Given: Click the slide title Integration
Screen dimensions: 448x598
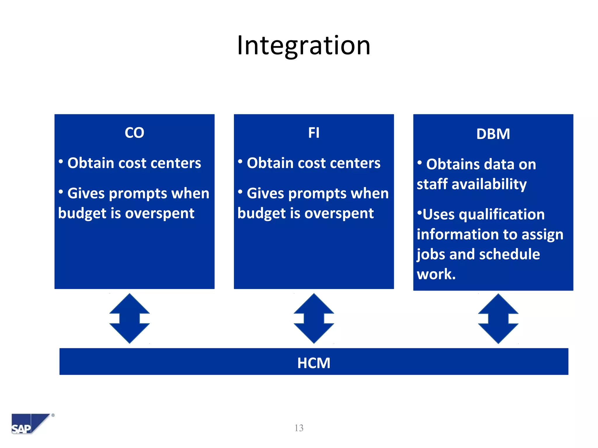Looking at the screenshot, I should tap(304, 46).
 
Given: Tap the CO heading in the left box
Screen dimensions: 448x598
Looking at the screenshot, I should tap(134, 133).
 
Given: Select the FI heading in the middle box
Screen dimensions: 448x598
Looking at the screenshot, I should tap(314, 133).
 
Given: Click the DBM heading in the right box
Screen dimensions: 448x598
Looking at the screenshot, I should tap(493, 134).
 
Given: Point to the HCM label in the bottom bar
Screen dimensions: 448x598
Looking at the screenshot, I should tap(314, 363).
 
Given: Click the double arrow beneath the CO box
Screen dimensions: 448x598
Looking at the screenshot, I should tap(130, 318).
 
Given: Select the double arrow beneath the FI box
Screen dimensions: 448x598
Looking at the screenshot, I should tap(314, 318).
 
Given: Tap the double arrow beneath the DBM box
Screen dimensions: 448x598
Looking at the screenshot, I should tap(498, 318).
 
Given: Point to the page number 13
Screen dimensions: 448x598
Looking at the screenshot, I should tap(299, 428).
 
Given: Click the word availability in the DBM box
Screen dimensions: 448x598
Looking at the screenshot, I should tap(489, 185).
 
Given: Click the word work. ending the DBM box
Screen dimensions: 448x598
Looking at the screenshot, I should tap(436, 274).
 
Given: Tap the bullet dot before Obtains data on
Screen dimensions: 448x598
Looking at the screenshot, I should tap(420, 162).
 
